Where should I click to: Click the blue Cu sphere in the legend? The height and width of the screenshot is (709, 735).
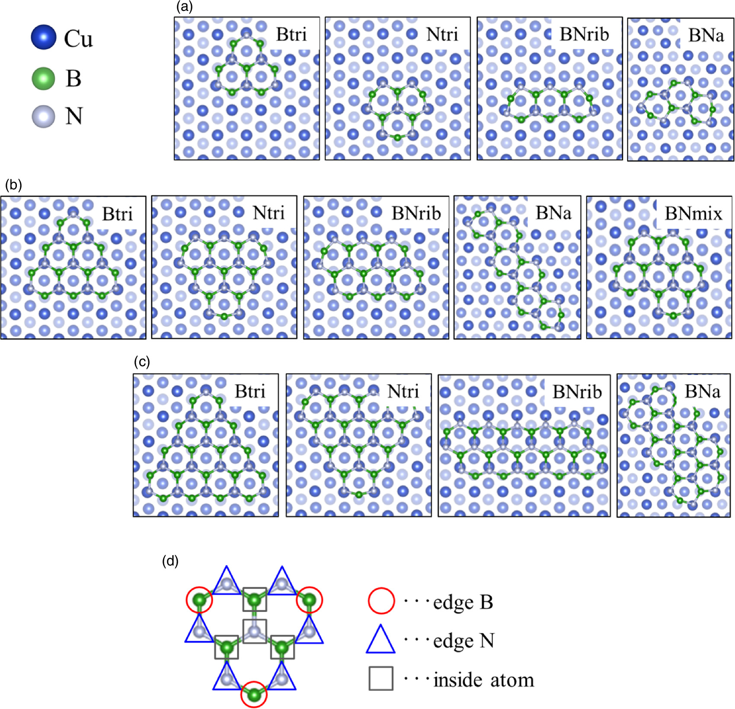[x=44, y=37]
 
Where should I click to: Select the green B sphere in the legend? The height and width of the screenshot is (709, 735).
[x=44, y=78]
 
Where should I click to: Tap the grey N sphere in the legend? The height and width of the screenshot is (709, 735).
[x=44, y=116]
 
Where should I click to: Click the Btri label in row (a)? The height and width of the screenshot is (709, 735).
[x=291, y=34]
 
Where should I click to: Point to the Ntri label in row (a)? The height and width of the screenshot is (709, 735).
[x=442, y=34]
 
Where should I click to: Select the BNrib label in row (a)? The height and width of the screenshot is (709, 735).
[x=584, y=34]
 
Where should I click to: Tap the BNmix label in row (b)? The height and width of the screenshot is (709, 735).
[x=693, y=214]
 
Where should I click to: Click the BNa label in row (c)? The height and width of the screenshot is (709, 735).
[x=703, y=391]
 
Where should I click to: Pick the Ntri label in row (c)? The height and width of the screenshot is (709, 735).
[x=403, y=391]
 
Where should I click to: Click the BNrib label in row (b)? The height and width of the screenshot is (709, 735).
[x=416, y=214]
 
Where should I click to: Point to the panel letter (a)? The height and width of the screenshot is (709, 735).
[x=185, y=6]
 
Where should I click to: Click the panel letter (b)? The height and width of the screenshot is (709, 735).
[x=13, y=185]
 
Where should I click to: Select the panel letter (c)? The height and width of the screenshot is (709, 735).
[x=142, y=361]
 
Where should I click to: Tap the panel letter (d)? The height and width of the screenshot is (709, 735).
[x=170, y=561]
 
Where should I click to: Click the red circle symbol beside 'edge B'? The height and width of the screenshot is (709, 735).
[x=381, y=601]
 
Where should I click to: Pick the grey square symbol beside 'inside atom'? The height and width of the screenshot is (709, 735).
[x=381, y=678]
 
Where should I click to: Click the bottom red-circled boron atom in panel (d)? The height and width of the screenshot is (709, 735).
[x=254, y=694]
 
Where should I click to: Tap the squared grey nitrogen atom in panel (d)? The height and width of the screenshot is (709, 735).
[x=254, y=631]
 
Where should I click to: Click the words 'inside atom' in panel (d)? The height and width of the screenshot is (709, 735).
[x=484, y=680]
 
